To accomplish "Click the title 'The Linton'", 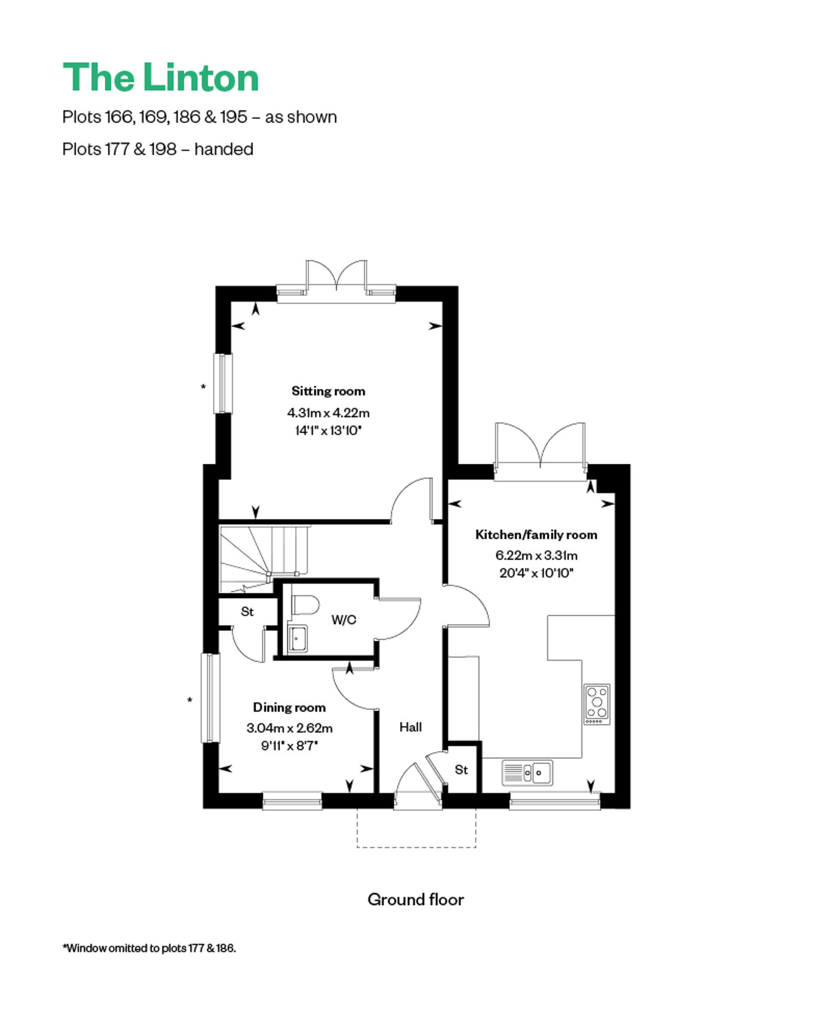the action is point(161,77).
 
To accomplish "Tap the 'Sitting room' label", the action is point(328,391).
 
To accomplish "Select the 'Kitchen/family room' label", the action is point(536,535).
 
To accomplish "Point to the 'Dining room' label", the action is point(289,707).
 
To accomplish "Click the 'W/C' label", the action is point(344,620).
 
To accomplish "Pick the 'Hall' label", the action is point(410,727).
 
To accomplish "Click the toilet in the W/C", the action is point(305,604).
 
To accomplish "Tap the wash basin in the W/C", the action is point(298,638).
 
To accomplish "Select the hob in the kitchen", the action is point(597,704).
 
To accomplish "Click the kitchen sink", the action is point(527,773).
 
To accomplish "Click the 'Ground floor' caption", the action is point(415,899).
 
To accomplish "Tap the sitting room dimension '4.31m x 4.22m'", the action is point(328,413).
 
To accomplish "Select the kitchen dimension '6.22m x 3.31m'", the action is point(536,555).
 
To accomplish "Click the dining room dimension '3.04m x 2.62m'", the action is point(290,728).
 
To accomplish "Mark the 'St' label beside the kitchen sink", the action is point(461,769).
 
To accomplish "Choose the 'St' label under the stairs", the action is point(247,611).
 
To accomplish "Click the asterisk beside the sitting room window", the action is point(203,387).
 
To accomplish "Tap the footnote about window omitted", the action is point(149,948).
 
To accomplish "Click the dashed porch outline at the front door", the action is point(417,847).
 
